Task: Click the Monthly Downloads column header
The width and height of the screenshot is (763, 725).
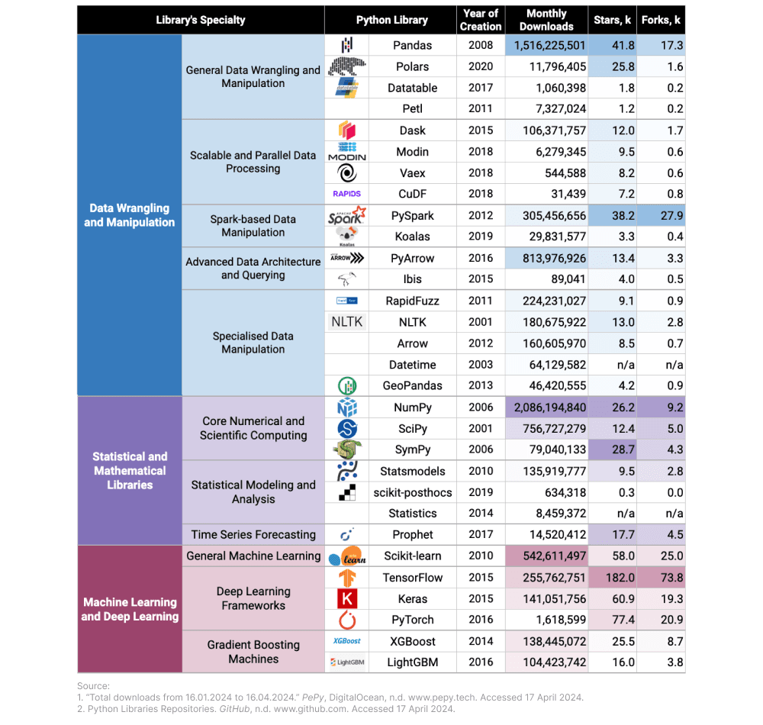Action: point(546,20)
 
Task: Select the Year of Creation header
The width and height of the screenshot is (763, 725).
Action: point(481,20)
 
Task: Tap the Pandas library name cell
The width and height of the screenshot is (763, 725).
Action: point(412,45)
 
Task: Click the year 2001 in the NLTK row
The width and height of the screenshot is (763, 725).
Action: point(481,322)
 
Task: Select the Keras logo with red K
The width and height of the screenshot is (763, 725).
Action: point(347,599)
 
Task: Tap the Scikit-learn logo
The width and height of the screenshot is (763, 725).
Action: point(347,556)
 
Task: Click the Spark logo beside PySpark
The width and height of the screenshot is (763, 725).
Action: point(347,216)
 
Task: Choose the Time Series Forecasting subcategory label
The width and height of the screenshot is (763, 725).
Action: point(253,535)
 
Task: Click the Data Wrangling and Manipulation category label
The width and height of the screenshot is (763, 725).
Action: point(130,215)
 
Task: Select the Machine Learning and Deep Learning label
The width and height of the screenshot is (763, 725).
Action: point(130,609)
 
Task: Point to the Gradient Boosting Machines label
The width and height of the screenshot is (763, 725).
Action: point(253,652)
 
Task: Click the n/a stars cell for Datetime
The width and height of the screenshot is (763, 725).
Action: point(623,365)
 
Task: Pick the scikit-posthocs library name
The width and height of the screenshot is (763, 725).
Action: point(412,492)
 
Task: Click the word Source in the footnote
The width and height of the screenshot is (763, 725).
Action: point(93,686)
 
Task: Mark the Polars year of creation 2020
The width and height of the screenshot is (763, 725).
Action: point(481,66)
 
